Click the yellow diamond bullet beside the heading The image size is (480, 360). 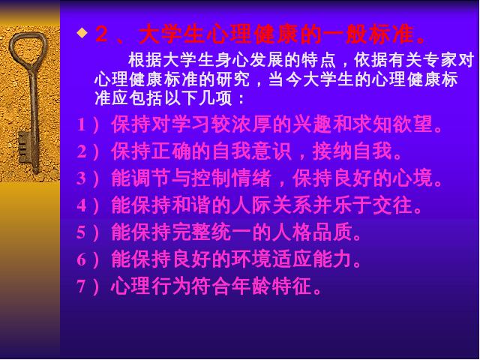point(82,32)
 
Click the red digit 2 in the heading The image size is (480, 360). point(102,34)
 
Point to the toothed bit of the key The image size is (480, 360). point(24,148)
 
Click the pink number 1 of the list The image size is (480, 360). point(82,125)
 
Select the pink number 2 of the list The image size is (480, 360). point(82,151)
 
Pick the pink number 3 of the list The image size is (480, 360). point(82,178)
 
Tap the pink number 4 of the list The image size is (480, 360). point(82,205)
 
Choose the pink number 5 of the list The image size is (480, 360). point(82,232)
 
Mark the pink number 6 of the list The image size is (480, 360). point(82,259)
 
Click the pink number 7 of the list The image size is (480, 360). point(82,286)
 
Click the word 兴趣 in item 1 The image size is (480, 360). point(312,124)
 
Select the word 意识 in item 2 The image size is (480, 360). point(271,151)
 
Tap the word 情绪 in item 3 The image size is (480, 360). point(251,178)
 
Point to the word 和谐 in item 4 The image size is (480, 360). point(191,205)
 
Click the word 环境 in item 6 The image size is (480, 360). point(251,259)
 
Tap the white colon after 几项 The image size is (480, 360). point(241,99)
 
